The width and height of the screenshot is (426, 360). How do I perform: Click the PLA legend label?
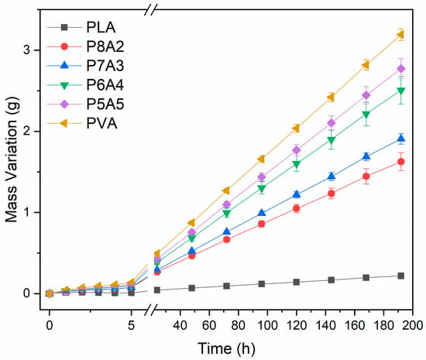[101, 27]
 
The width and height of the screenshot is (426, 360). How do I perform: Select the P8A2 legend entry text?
[105, 46]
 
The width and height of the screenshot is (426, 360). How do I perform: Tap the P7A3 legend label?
[105, 66]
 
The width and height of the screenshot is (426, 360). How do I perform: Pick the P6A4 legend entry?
[105, 85]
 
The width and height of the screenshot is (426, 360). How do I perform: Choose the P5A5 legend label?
[105, 105]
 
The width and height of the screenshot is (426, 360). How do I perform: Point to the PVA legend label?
[102, 124]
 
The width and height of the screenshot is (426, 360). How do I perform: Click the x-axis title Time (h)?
[226, 348]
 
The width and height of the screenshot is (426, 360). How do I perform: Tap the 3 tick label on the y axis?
[26, 50]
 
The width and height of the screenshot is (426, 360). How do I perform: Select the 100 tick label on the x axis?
[268, 325]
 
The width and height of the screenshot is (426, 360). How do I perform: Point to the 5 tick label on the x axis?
[131, 325]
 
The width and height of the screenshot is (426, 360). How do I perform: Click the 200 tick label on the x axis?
[412, 325]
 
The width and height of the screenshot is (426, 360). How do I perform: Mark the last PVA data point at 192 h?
[400, 35]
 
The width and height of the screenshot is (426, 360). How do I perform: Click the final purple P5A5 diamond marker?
[400, 69]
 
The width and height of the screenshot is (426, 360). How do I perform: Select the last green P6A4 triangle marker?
[400, 91]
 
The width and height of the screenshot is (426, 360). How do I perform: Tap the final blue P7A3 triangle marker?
[400, 139]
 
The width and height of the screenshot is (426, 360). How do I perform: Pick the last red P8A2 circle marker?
[400, 162]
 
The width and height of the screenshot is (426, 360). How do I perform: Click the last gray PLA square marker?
[400, 276]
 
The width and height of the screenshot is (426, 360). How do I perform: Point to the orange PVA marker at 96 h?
[261, 159]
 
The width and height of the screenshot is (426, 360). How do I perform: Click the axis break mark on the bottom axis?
[150, 310]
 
